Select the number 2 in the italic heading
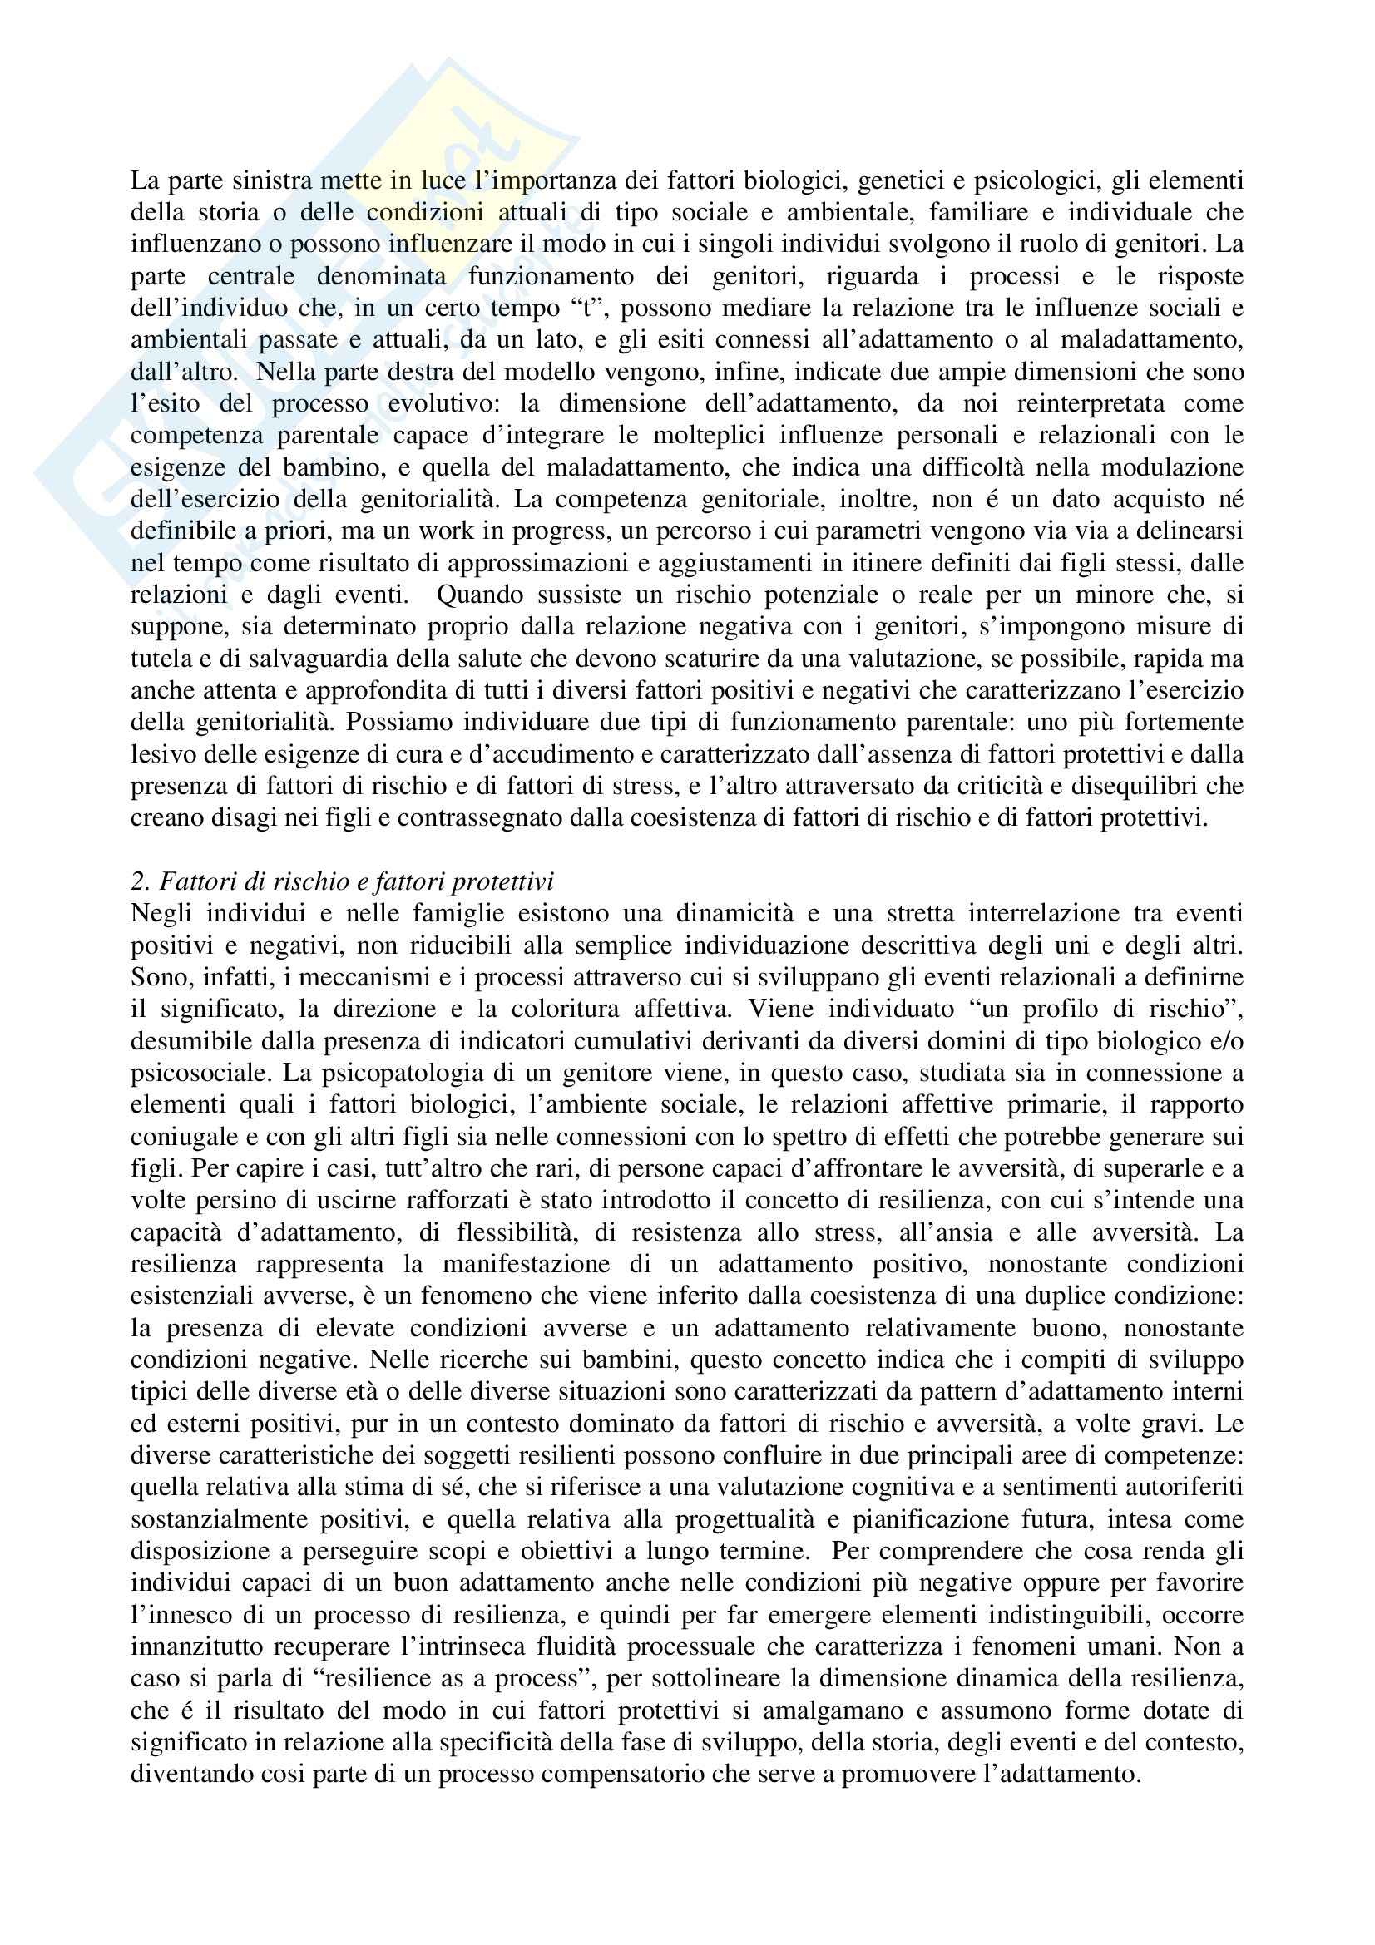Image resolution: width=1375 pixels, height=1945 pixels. point(138,881)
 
